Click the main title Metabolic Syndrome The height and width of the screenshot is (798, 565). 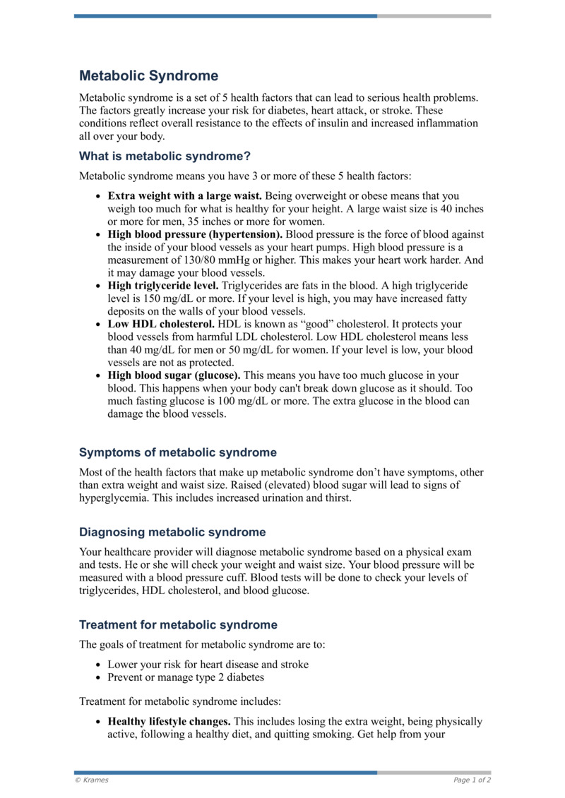(x=148, y=75)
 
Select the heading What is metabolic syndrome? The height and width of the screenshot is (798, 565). (x=165, y=156)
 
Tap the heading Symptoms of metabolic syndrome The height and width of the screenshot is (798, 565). (x=177, y=452)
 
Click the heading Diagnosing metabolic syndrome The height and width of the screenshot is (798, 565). (x=172, y=532)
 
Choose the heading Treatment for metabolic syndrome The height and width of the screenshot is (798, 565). (x=178, y=624)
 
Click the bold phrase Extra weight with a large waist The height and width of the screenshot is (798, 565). (x=185, y=195)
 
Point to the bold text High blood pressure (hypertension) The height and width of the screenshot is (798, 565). (x=195, y=234)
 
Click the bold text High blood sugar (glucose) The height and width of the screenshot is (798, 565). (x=174, y=375)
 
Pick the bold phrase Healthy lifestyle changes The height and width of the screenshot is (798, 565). (x=169, y=722)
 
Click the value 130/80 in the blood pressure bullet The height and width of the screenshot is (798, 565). (x=198, y=260)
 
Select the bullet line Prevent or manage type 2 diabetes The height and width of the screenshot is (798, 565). (x=186, y=677)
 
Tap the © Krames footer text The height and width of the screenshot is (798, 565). (x=92, y=780)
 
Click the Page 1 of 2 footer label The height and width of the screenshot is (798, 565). (x=472, y=780)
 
